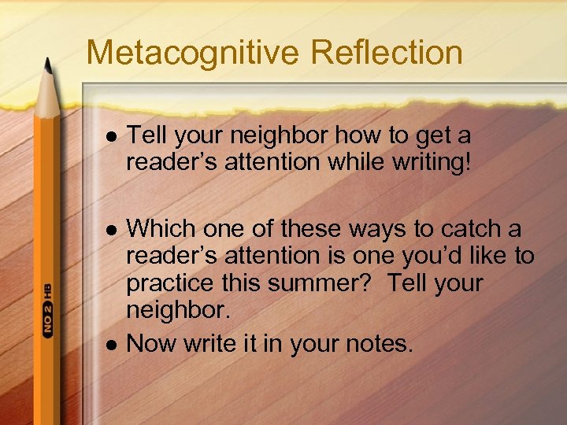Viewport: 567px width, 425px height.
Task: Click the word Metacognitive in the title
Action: point(193,53)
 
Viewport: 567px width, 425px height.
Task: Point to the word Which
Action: point(161,228)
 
